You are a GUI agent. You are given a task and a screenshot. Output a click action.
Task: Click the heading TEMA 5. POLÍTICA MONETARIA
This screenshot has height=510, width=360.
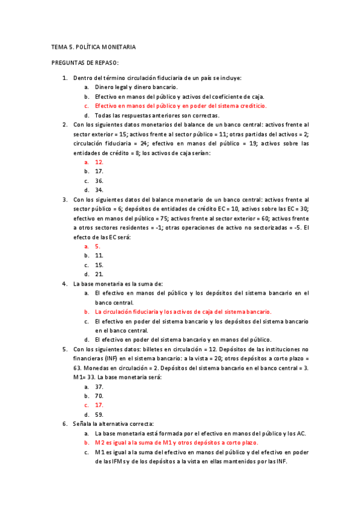point(94,46)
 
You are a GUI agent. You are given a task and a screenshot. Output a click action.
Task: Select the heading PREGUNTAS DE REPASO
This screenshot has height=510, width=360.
point(85,63)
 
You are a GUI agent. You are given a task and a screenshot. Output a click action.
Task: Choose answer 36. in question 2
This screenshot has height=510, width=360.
point(99,180)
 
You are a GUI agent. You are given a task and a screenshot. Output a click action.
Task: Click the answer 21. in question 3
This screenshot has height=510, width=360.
point(99,274)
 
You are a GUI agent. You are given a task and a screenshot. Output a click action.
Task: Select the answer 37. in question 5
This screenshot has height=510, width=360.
point(99,387)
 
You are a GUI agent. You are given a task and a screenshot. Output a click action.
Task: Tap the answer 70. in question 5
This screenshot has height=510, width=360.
point(99,396)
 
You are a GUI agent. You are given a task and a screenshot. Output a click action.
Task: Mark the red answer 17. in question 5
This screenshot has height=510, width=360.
point(99,405)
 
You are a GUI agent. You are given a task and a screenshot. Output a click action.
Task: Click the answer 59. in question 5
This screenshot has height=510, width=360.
point(99,414)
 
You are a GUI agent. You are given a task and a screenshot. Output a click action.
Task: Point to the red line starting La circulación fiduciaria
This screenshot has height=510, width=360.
point(183,312)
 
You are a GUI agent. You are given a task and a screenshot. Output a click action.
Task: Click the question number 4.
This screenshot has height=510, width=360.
point(65,283)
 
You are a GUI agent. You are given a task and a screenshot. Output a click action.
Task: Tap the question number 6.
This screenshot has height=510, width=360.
point(65,423)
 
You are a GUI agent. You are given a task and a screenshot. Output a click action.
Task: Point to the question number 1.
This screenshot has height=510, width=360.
point(65,78)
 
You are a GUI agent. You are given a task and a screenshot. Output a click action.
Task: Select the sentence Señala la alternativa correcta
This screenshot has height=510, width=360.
point(114,423)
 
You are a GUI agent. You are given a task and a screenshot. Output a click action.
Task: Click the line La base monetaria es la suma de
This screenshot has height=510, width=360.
point(118,283)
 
